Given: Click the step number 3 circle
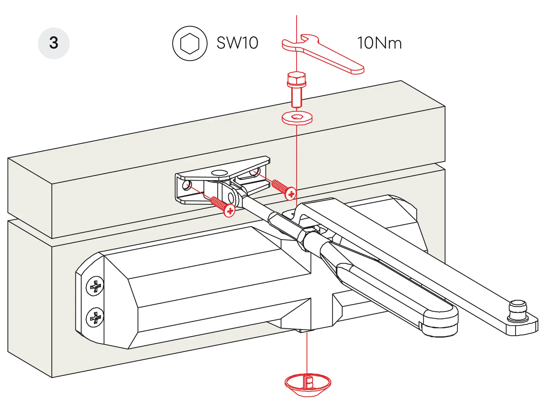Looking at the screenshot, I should coord(54,43).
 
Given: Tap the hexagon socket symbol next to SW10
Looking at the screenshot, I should coord(189,43).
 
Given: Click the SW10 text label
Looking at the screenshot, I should coord(237,43).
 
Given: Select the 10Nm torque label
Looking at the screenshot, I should coord(379,43).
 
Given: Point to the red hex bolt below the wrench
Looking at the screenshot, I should coord(296,89).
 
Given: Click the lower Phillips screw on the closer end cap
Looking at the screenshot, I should coord(95,317).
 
